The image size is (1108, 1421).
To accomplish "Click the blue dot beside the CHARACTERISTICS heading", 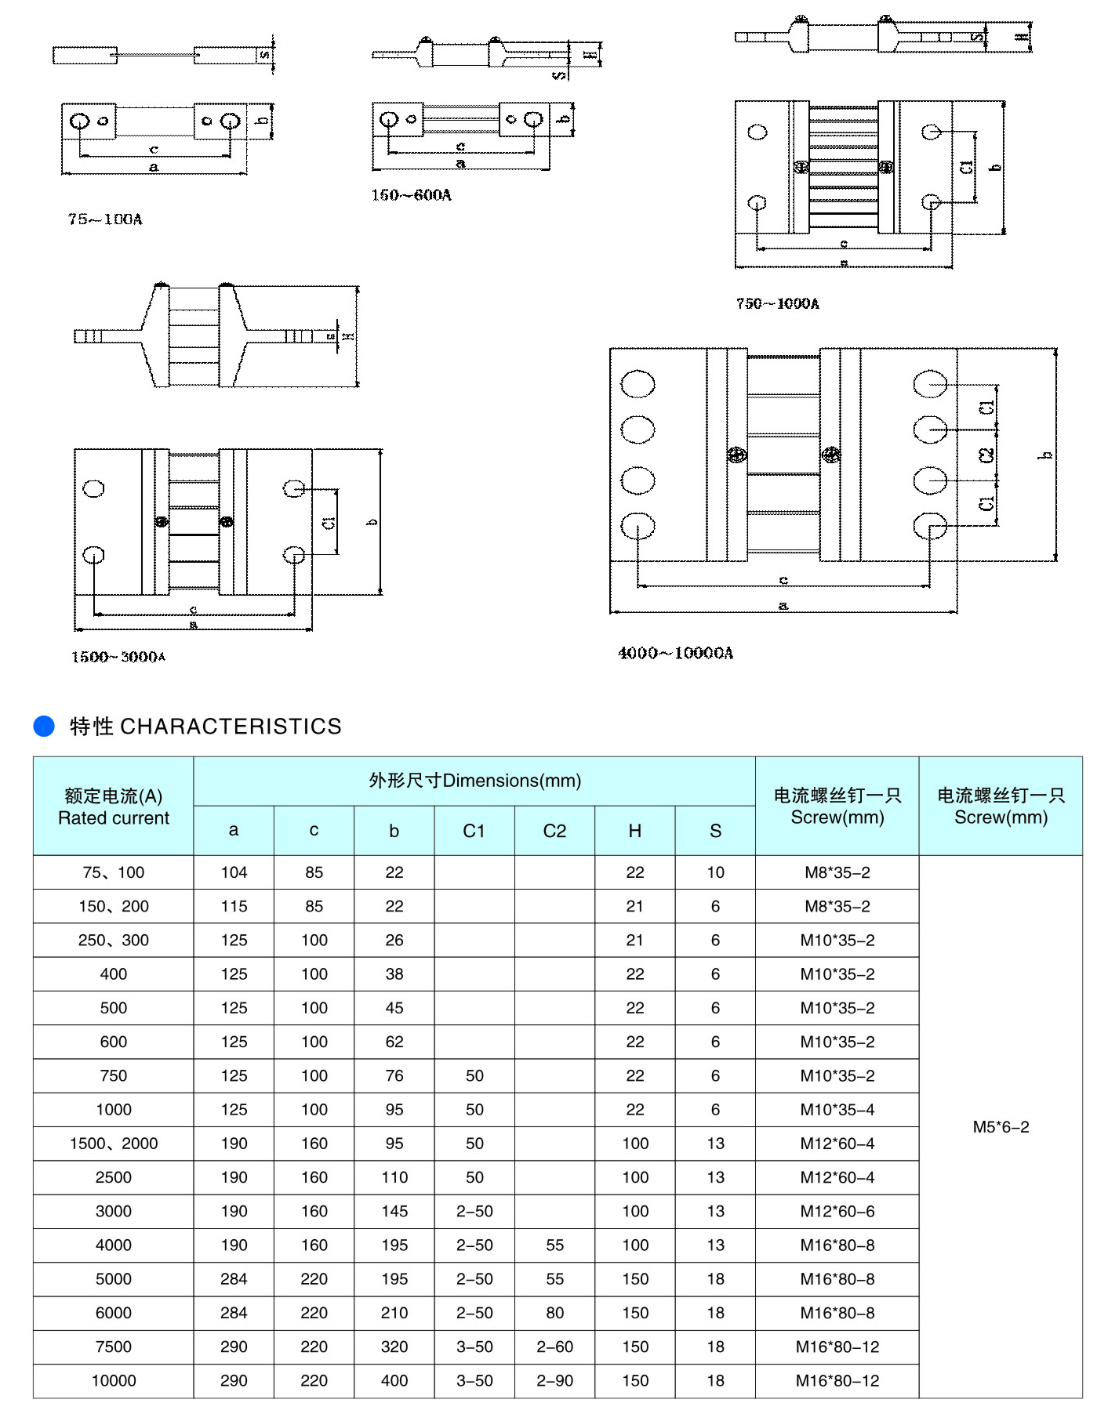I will point(44,726).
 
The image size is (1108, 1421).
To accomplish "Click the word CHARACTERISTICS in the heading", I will point(231,727).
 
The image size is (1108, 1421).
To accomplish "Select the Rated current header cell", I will point(114,807).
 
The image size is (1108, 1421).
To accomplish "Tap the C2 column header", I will point(554,831).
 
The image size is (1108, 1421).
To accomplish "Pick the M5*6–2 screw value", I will point(1001,1127).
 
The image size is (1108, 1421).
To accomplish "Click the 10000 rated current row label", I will point(114,1381).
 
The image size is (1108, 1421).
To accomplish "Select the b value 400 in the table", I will point(394,1381).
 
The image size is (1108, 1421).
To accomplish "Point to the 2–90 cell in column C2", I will point(554,1381).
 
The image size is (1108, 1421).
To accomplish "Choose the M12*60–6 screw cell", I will point(837,1212).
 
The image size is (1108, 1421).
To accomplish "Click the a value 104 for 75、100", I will point(234,872).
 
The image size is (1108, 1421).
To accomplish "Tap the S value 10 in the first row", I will point(715,872).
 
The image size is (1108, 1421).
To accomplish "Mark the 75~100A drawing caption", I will point(105,219).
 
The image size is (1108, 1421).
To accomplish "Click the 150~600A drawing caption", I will point(412,195).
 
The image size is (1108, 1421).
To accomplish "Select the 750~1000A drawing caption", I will point(777,303).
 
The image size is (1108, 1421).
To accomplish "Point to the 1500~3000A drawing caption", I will point(118,657).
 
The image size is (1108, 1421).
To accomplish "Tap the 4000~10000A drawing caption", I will point(675,653).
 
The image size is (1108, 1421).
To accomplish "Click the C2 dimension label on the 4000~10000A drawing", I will point(987,455).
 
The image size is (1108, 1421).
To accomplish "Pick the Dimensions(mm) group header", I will point(474,781).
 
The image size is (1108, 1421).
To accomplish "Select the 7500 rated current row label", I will point(114,1347).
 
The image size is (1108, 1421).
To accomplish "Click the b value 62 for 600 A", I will point(394,1042).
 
